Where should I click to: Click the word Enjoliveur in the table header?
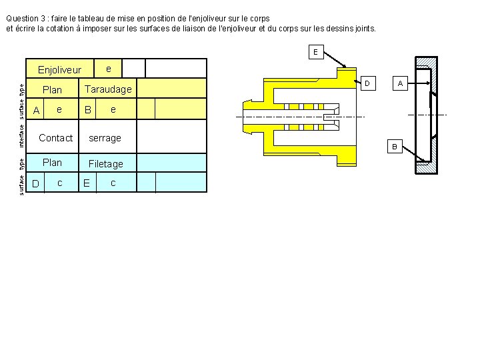(59, 70)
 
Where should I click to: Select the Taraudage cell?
(108, 89)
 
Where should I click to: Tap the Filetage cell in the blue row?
(106, 164)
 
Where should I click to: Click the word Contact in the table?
(56, 138)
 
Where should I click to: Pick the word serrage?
(105, 138)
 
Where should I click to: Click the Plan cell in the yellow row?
(52, 90)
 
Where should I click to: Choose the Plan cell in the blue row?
(52, 163)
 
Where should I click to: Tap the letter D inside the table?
(36, 183)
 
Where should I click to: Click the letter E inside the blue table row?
(87, 183)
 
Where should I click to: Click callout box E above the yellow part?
(315, 52)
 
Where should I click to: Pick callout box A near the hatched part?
(400, 83)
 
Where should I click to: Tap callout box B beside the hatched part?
(394, 146)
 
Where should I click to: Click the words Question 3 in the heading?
(25, 19)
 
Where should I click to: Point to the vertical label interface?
(21, 133)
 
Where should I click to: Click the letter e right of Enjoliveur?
(109, 69)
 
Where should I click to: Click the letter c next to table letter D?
(60, 183)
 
